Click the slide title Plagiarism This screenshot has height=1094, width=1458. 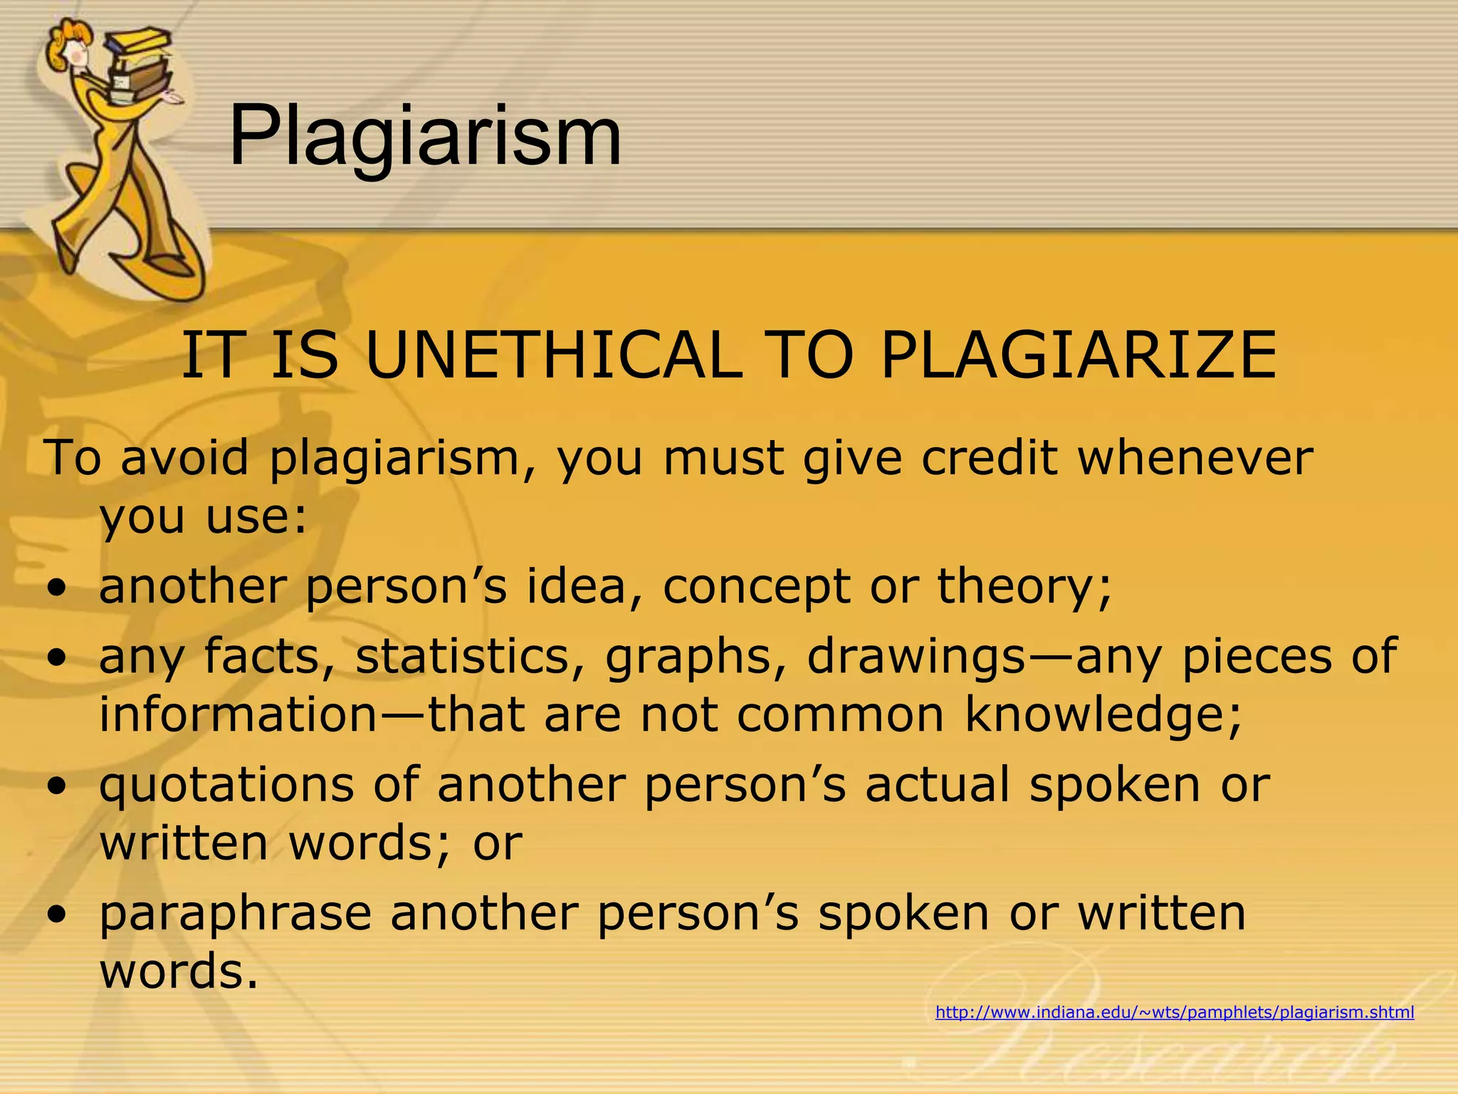tap(425, 135)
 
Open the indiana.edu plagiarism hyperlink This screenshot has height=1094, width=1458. tap(1175, 1012)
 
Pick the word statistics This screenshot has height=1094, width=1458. tap(472, 656)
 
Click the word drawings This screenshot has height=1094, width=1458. tap(915, 657)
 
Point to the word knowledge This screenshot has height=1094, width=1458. tap(1103, 715)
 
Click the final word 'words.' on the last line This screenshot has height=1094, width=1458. tap(179, 971)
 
